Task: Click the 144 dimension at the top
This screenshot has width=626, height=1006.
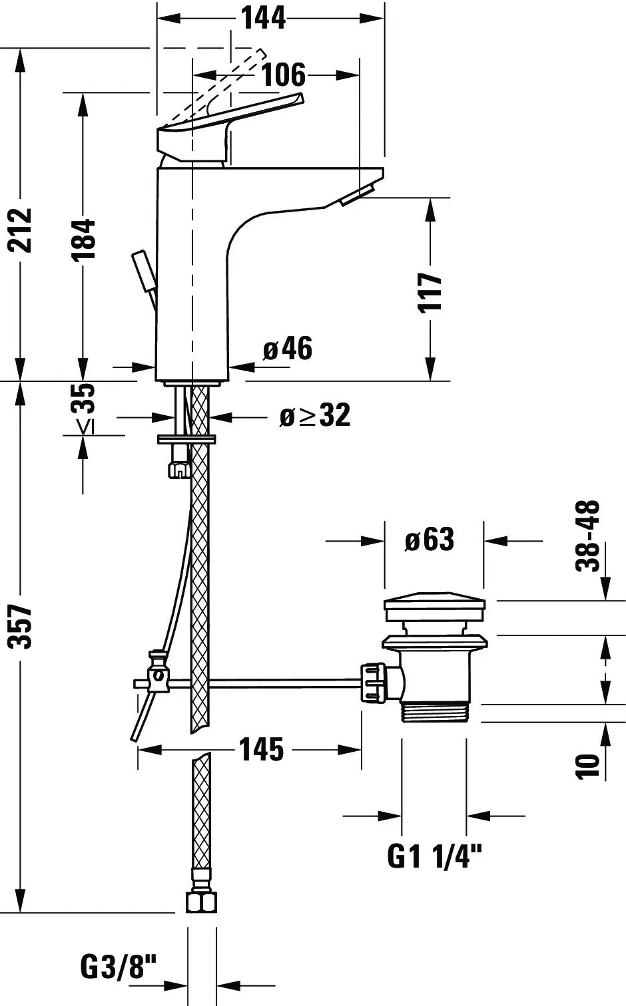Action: (x=263, y=18)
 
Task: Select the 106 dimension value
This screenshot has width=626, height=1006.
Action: (x=283, y=75)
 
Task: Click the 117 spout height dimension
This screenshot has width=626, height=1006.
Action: (x=431, y=291)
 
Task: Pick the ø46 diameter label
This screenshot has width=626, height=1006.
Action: (x=288, y=349)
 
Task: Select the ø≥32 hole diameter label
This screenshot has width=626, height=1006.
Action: (x=315, y=416)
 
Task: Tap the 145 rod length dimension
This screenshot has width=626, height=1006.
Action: (x=261, y=750)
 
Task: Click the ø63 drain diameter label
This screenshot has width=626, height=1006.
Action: (x=430, y=540)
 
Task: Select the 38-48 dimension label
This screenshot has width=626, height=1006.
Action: (x=589, y=536)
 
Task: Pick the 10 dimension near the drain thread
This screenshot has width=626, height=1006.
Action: (x=589, y=766)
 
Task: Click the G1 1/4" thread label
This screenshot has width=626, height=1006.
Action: (x=434, y=856)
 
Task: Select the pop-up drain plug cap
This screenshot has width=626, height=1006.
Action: (x=434, y=608)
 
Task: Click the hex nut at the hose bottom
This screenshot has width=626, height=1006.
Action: (x=201, y=902)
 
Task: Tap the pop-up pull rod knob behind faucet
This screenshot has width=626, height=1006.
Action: (x=144, y=269)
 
